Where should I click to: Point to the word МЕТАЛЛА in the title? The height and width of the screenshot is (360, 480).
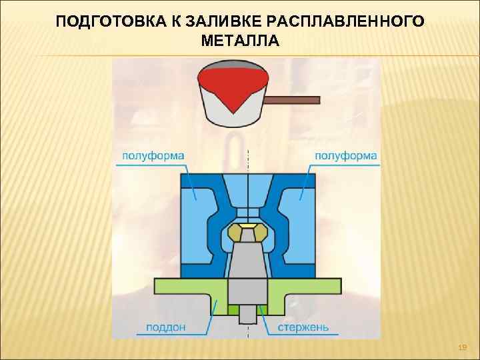(x=239, y=41)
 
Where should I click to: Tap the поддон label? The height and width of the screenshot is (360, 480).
(x=163, y=328)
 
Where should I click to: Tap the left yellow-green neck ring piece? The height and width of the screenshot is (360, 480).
(x=235, y=233)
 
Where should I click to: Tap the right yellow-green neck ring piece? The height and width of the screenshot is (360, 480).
(x=261, y=233)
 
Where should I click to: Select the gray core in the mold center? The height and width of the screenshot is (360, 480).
(x=247, y=267)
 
